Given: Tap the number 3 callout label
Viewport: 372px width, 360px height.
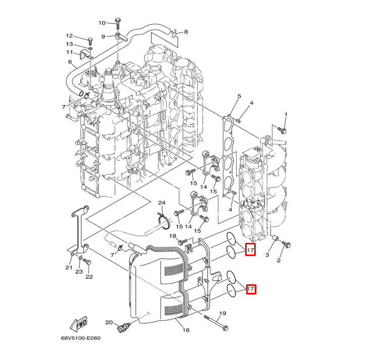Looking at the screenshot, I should [x=267, y=255].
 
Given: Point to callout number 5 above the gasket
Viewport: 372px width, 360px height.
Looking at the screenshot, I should [x=239, y=96].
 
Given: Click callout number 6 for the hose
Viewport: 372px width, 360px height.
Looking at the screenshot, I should [x=70, y=62].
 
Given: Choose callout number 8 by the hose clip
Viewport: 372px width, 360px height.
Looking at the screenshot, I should [x=185, y=32].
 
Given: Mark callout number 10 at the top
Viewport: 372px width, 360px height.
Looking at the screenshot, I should [x=102, y=23].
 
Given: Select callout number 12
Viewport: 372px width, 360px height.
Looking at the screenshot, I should [x=69, y=36].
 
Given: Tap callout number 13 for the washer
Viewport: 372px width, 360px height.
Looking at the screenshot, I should [x=69, y=44].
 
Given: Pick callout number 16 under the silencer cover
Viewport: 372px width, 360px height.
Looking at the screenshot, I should [x=185, y=330].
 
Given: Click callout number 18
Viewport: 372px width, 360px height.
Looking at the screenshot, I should [x=172, y=236].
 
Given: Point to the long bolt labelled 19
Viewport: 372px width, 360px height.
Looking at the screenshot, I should [x=214, y=321].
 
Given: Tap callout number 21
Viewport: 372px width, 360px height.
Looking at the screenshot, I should [x=69, y=267].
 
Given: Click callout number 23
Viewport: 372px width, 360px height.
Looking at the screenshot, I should [x=79, y=272].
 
